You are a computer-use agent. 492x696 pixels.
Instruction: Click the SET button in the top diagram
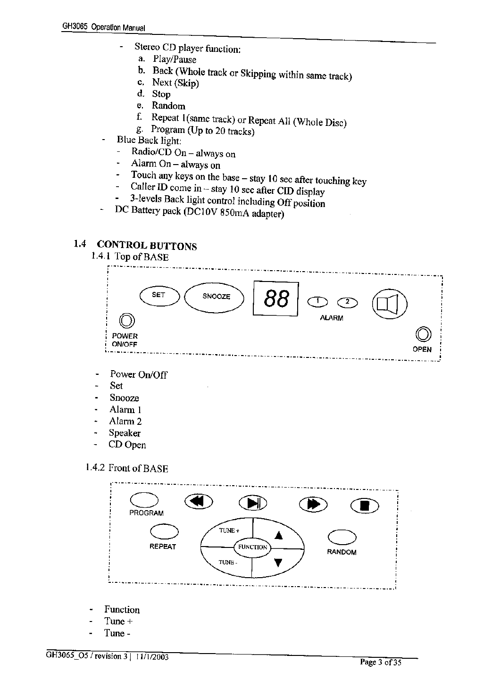click(159, 296)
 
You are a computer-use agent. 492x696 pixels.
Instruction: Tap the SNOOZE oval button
click(215, 297)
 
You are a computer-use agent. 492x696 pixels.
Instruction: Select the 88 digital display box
click(276, 299)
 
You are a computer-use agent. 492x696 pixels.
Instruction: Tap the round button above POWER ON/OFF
click(126, 321)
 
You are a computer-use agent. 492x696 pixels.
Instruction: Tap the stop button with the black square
click(365, 505)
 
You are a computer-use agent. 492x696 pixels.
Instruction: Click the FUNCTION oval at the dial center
click(252, 547)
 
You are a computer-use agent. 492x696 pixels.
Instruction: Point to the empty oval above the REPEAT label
click(163, 532)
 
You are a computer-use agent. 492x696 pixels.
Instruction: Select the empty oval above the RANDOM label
click(342, 537)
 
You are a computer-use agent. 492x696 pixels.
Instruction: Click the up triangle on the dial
click(278, 534)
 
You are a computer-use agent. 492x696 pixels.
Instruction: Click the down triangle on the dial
click(278, 562)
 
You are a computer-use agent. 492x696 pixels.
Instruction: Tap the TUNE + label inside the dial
click(229, 530)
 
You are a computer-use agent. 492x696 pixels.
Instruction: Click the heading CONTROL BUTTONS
click(147, 246)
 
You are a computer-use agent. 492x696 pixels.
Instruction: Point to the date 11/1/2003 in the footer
click(152, 657)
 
